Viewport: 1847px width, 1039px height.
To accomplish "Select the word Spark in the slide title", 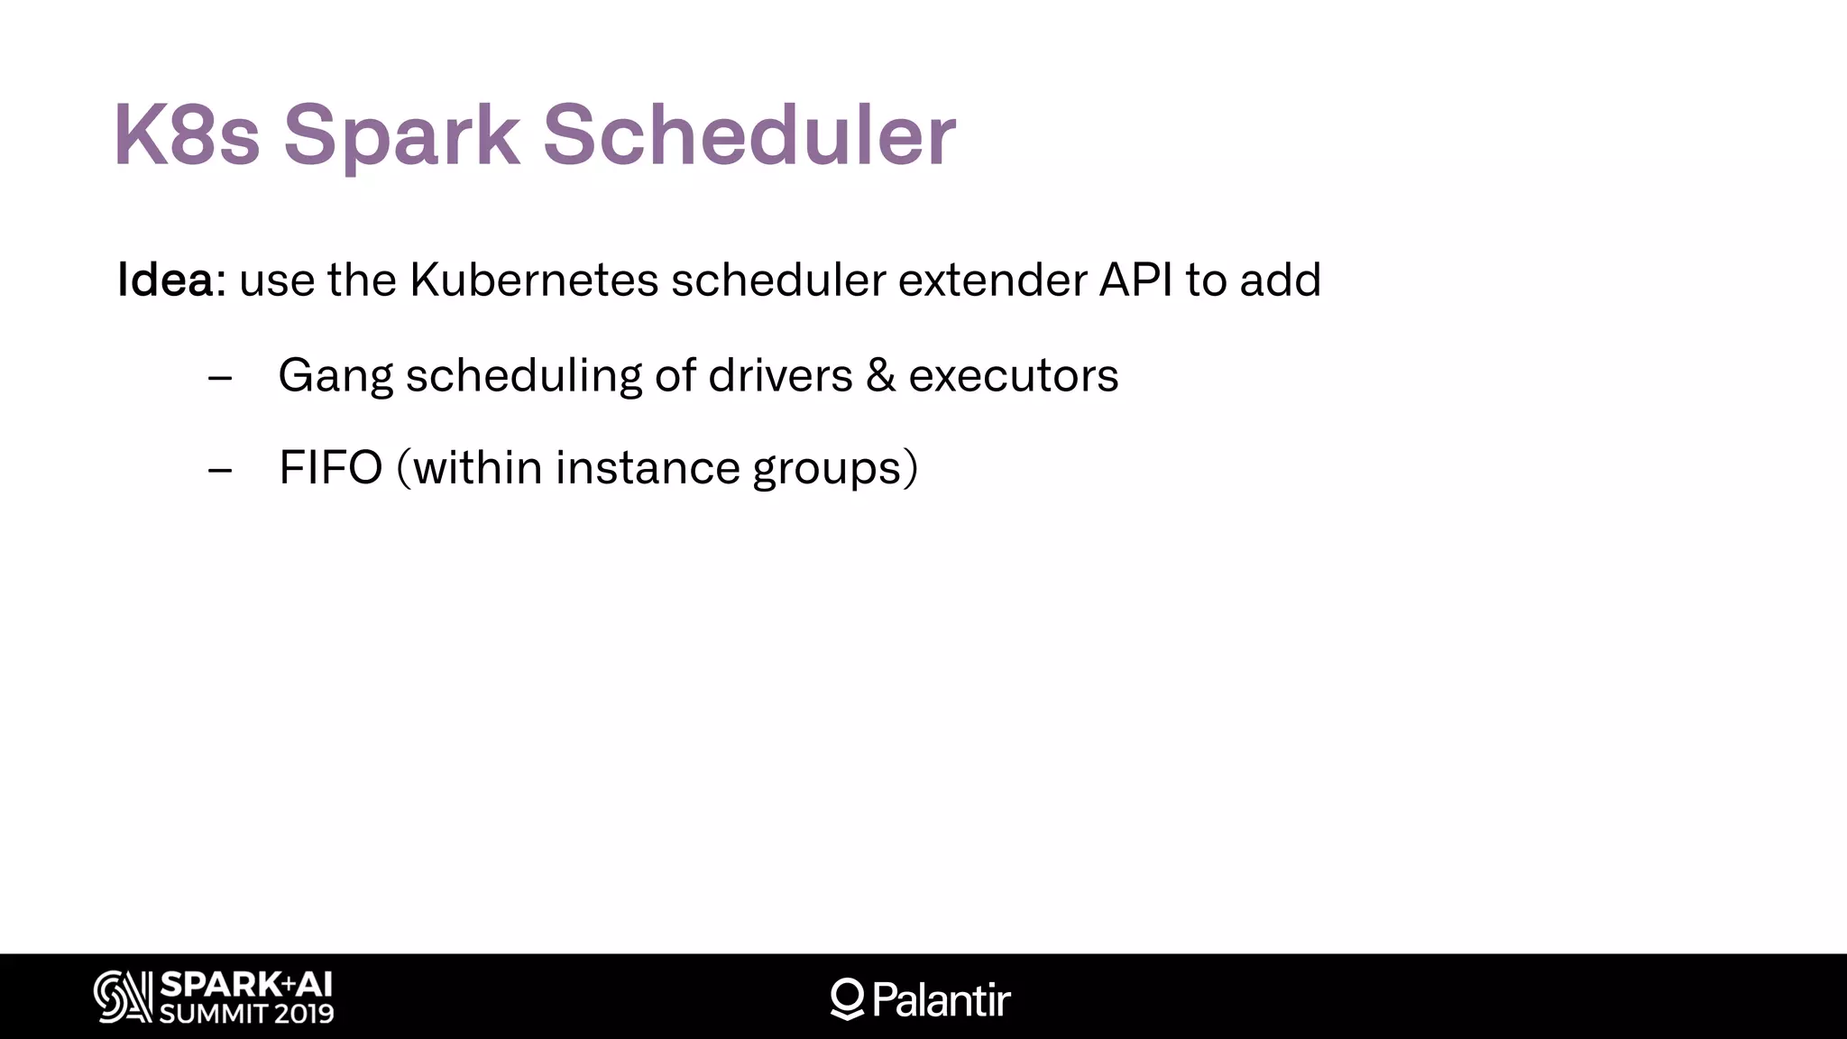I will point(401,135).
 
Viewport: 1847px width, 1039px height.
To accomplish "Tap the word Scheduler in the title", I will point(749,135).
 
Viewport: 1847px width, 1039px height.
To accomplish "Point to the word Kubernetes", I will point(534,280).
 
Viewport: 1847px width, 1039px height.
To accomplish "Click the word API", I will point(1135,280).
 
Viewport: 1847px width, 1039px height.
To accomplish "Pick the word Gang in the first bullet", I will point(335,376).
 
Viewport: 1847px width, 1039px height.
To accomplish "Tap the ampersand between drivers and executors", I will point(880,376).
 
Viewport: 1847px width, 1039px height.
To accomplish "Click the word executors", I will point(1013,376).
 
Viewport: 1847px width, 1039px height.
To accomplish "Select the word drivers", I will point(780,376).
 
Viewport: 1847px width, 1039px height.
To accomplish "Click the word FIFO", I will point(331,468).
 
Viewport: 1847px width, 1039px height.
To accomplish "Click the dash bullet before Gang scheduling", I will point(220,378).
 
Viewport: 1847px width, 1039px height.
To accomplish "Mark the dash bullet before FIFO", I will point(220,470).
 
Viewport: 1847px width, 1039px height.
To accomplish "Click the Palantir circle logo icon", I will point(847,998).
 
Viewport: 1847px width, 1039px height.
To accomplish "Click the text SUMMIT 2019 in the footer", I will point(246,1014).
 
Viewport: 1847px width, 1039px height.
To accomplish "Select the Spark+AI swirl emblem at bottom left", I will point(123,997).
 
